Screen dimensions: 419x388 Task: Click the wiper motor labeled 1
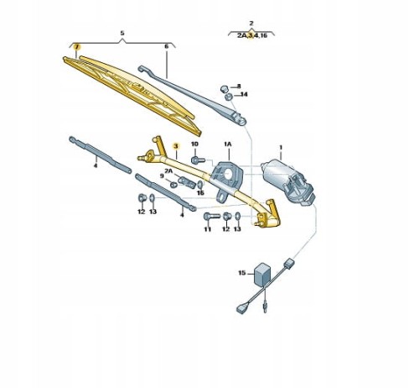pyautogui.click(x=287, y=182)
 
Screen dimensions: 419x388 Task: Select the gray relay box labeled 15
pyautogui.click(x=261, y=274)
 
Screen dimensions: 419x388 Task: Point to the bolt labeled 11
pyautogui.click(x=212, y=217)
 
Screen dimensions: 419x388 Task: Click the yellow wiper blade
pyautogui.click(x=132, y=94)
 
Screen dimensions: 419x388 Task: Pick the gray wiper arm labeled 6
pyautogui.click(x=193, y=94)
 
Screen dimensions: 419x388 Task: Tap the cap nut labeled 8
pyautogui.click(x=224, y=89)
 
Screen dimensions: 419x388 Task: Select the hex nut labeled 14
pyautogui.click(x=228, y=97)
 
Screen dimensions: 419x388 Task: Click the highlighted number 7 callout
pyautogui.click(x=76, y=47)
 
